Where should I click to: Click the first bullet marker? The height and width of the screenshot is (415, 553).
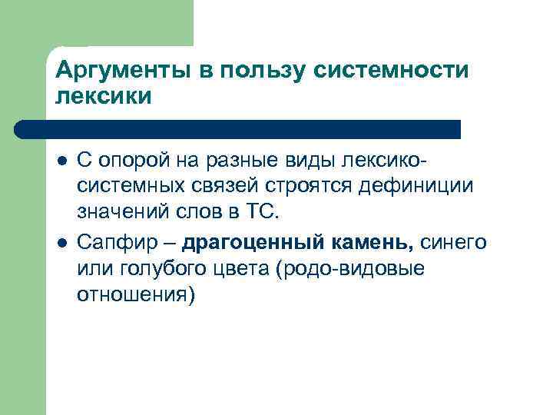[x=62, y=160]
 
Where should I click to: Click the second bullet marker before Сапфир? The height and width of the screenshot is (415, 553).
[x=62, y=243]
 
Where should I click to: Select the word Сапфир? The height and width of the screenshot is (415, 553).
[x=118, y=244]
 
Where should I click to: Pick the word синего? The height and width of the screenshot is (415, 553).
[x=453, y=244]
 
